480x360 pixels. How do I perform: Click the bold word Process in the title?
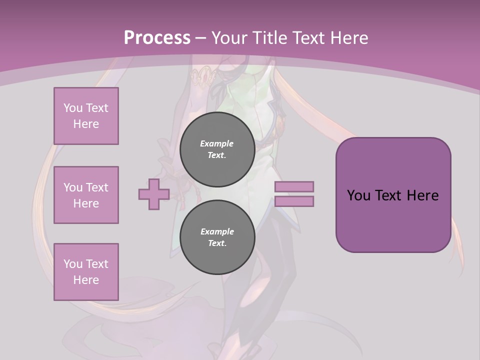pos(157,38)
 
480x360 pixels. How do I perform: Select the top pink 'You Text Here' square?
pos(86,116)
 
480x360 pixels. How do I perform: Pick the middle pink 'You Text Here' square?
pos(86,195)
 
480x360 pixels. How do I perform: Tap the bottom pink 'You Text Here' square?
pos(86,272)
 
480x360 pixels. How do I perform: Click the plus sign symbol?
pos(154,194)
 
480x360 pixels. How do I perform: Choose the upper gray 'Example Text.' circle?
pos(217,149)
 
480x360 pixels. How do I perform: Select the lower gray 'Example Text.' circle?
pos(217,237)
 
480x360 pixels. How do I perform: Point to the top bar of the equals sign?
pos(294,186)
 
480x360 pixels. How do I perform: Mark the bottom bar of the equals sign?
pos(294,201)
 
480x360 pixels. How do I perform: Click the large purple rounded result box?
pos(393,195)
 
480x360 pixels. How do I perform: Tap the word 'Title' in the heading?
pos(270,38)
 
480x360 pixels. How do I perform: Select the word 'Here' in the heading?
pos(350,38)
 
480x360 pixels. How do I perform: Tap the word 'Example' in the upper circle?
pos(217,144)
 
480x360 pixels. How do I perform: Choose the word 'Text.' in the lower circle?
pos(217,243)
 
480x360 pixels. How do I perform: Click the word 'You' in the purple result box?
pos(359,195)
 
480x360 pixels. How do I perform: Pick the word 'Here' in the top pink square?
pos(86,124)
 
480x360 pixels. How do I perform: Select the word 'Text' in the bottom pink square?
pos(97,264)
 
